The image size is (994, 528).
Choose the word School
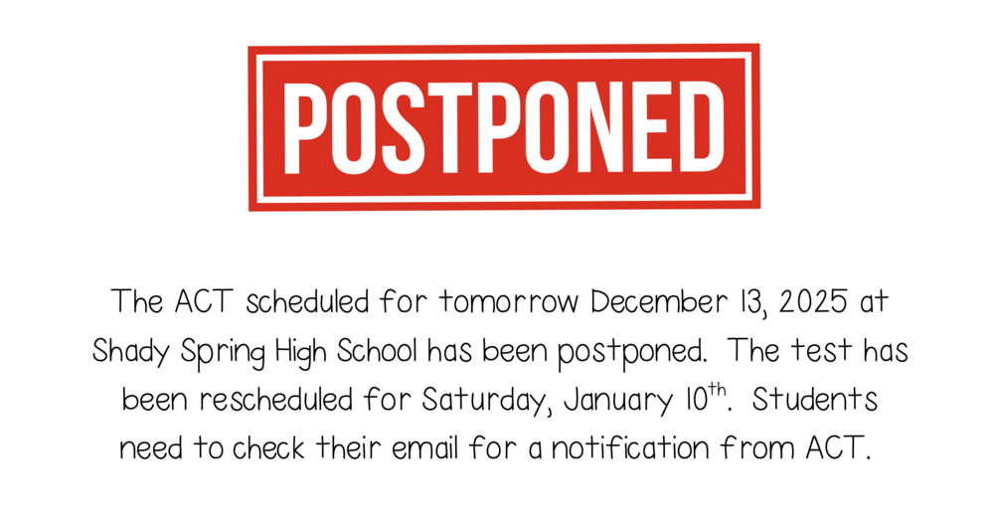coord(387,351)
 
